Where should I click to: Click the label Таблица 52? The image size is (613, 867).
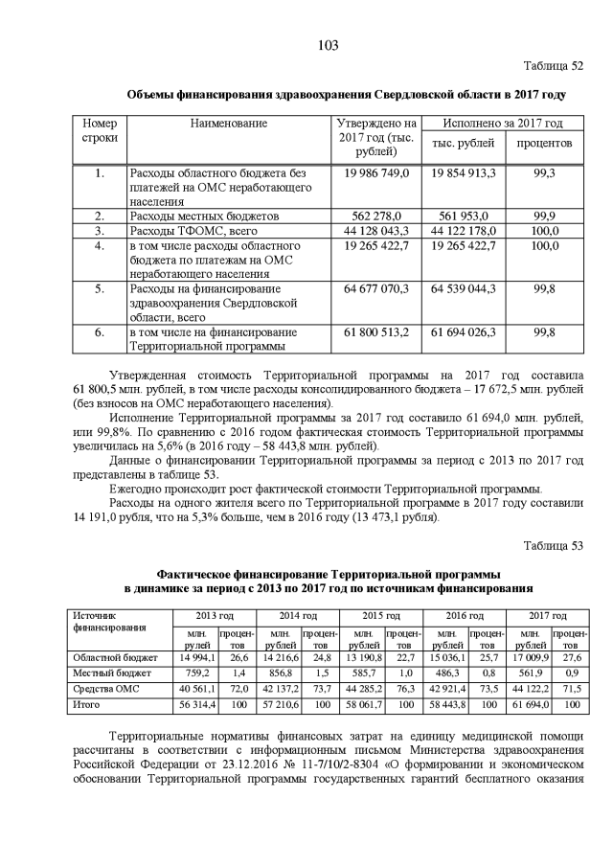553,66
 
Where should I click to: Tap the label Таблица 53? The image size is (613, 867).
553,546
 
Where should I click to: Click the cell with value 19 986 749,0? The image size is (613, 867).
375,172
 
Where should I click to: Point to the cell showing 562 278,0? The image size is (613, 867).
375,216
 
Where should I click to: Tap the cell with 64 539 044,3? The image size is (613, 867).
463,288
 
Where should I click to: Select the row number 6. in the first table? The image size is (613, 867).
100,332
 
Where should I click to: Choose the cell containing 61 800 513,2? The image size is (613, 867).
375,332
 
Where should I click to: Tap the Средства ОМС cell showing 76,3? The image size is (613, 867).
404,689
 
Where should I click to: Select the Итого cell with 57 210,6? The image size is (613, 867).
280,704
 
